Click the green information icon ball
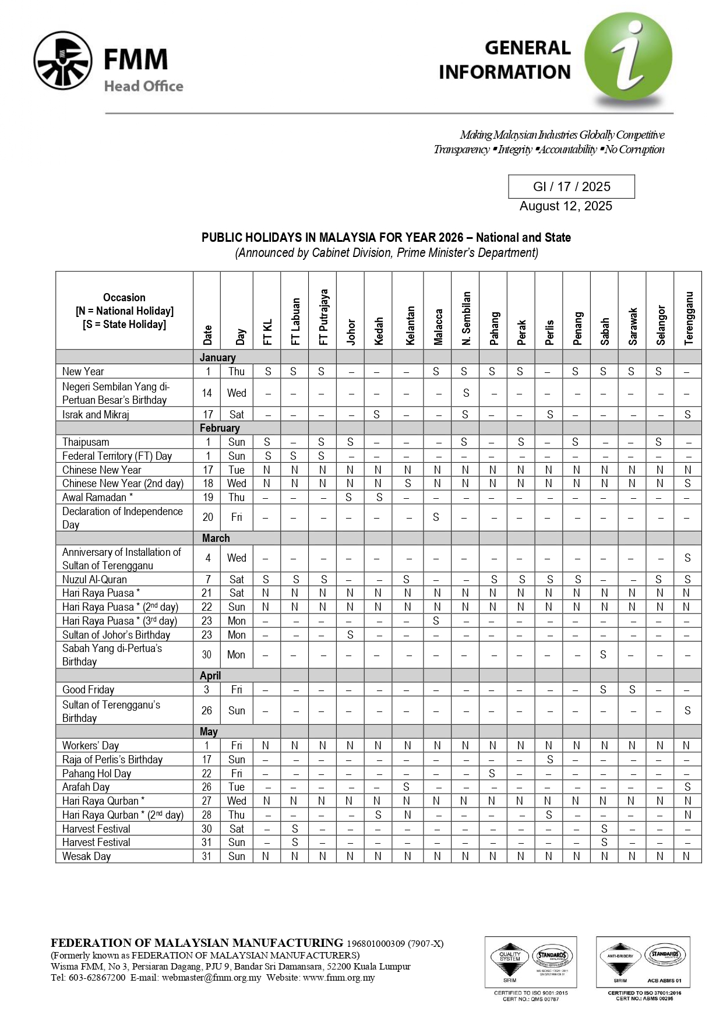[628, 57]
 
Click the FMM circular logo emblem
[63, 61]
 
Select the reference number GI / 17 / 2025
[572, 186]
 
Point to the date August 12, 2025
[566, 206]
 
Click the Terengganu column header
[689, 318]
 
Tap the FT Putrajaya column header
[323, 317]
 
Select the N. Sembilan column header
[466, 318]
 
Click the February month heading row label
[220, 428]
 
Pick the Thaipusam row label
[86, 442]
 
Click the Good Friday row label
[89, 690]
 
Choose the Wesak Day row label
[86, 857]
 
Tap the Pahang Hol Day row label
[97, 774]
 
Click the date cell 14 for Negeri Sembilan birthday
[207, 393]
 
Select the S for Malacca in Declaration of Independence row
[436, 517]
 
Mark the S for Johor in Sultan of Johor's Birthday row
[350, 635]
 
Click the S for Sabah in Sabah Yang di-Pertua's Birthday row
[603, 655]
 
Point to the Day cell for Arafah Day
[237, 787]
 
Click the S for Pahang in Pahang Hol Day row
[492, 774]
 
